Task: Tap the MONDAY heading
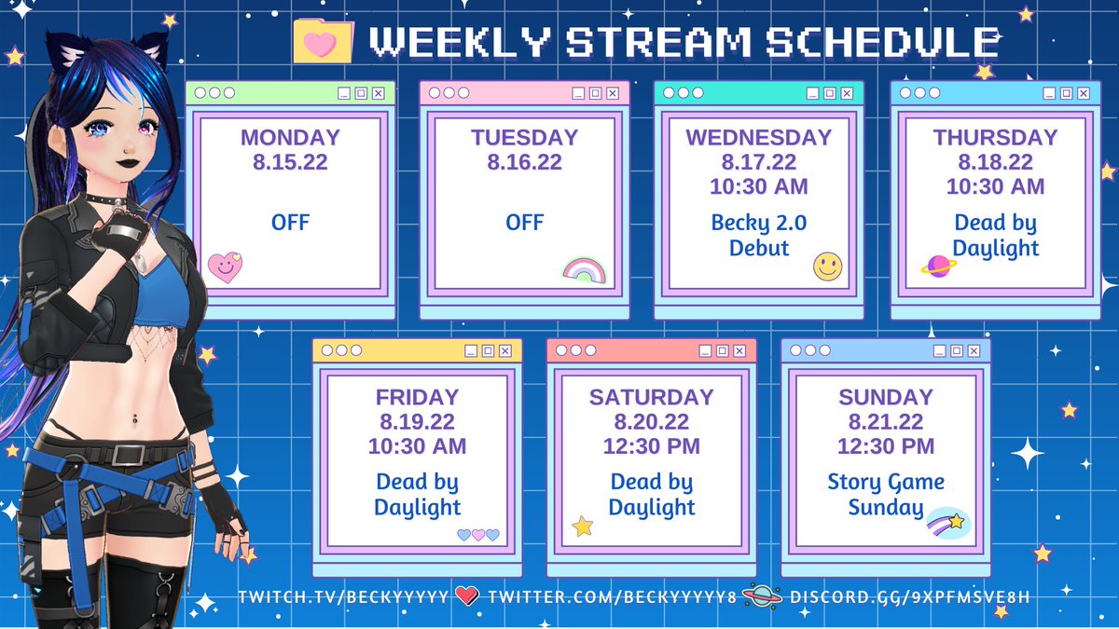pos(290,138)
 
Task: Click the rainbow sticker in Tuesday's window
pos(585,270)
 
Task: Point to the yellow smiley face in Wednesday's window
pos(827,267)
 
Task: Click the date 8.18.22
pos(995,162)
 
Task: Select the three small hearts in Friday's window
pos(477,535)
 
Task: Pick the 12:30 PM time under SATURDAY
pos(652,446)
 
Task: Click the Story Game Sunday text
pos(886,495)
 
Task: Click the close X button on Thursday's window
pos(1081,93)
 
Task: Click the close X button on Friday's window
pos(504,351)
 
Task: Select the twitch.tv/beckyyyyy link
pos(343,596)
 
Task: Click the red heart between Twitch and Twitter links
pos(467,595)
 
